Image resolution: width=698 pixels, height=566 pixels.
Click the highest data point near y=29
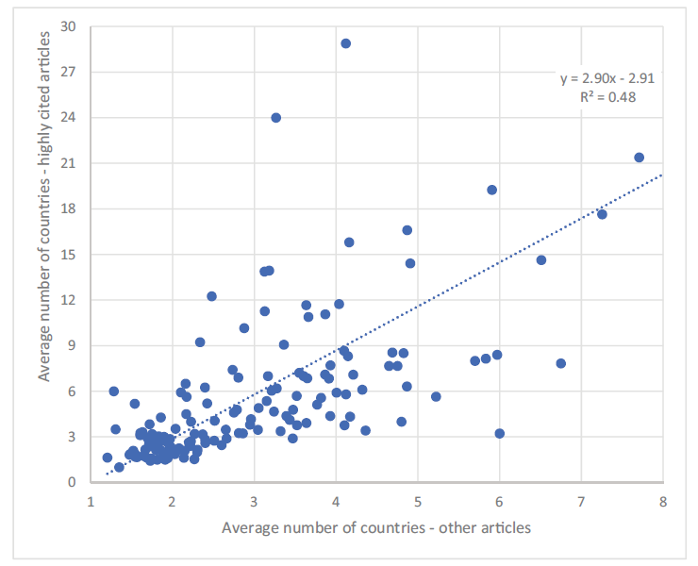pyautogui.click(x=345, y=43)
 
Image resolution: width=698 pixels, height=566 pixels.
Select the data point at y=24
pyautogui.click(x=275, y=118)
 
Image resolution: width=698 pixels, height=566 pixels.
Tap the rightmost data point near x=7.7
pyautogui.click(x=639, y=158)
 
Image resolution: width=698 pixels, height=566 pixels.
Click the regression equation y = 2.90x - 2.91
pyautogui.click(x=607, y=79)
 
